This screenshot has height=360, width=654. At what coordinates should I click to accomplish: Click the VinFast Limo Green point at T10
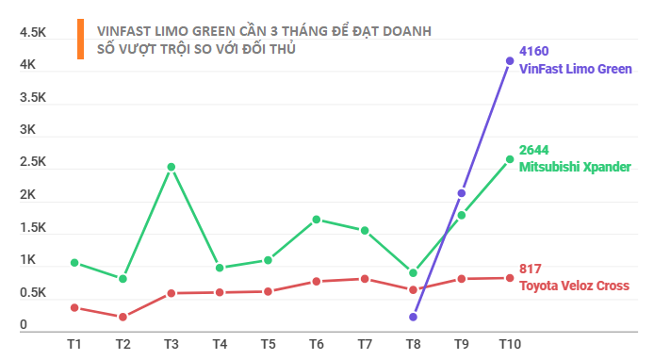[x=510, y=61]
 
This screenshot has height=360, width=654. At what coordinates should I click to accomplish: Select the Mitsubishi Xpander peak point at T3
[x=171, y=167]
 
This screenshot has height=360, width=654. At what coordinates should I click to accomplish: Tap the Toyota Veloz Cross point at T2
[x=123, y=317]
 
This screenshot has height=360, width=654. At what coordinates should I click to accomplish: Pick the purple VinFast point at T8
[x=413, y=317]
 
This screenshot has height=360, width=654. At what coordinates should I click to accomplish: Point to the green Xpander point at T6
[x=317, y=220]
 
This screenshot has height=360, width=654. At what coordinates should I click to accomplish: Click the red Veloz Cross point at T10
[x=510, y=278]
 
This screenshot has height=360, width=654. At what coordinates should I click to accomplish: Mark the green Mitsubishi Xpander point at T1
[x=74, y=263]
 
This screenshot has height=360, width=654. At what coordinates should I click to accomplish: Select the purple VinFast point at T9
[x=462, y=193]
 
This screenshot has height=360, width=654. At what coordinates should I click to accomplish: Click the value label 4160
[x=534, y=51]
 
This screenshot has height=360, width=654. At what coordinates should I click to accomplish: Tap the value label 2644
[x=534, y=150]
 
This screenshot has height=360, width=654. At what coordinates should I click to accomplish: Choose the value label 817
[x=531, y=269]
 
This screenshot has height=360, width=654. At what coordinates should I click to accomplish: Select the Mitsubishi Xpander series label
[x=575, y=166]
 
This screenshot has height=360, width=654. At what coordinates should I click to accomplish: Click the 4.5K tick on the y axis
[x=33, y=33]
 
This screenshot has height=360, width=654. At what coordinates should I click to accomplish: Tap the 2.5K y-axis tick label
[x=33, y=162]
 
